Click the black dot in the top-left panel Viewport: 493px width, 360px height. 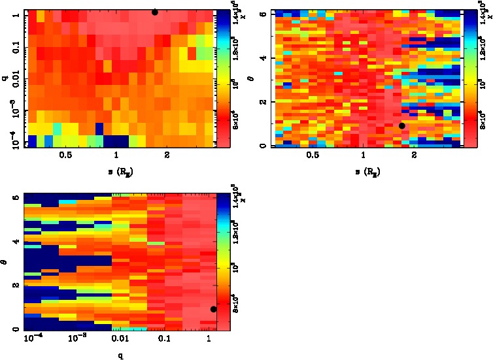(x=155, y=12)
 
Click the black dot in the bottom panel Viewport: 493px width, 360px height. (x=214, y=309)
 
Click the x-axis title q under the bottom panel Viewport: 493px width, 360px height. (x=122, y=356)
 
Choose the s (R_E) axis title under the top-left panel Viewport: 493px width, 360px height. (x=116, y=172)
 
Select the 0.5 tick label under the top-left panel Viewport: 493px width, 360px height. (x=65, y=155)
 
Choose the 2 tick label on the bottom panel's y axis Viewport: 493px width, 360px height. (x=18, y=286)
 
